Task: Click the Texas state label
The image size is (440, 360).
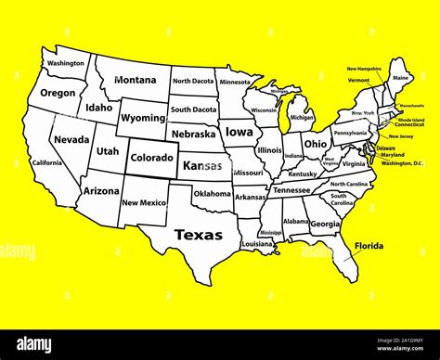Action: point(199,235)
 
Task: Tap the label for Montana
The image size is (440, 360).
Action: point(136,80)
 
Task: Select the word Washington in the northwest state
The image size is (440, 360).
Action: point(66,64)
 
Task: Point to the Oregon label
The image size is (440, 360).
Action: point(58,93)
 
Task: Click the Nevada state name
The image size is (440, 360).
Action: point(71,139)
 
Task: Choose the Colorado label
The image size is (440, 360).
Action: point(150,158)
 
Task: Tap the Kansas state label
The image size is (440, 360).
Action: point(202,166)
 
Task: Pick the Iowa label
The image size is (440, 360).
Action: point(239,132)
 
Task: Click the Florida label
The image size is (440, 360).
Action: point(370,247)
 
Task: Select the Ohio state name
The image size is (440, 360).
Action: point(316,144)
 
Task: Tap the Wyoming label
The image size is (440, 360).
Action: point(143,118)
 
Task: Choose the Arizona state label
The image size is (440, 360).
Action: point(101,190)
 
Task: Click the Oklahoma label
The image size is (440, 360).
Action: point(212,194)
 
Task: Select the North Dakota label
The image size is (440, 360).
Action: point(193,81)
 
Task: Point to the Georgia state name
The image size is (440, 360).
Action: point(324,224)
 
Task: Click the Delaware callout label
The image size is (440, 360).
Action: point(385,148)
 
